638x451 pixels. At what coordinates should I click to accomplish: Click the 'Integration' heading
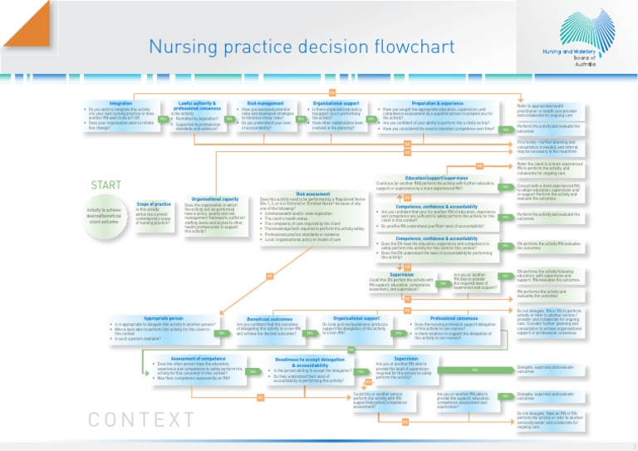[120, 103]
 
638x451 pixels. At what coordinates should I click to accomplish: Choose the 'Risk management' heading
[265, 103]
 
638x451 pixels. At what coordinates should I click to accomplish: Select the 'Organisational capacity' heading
[214, 199]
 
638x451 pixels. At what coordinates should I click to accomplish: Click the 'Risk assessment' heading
[312, 194]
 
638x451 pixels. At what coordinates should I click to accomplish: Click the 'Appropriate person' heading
[163, 317]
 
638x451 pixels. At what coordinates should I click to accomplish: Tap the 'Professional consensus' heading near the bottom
[454, 317]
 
